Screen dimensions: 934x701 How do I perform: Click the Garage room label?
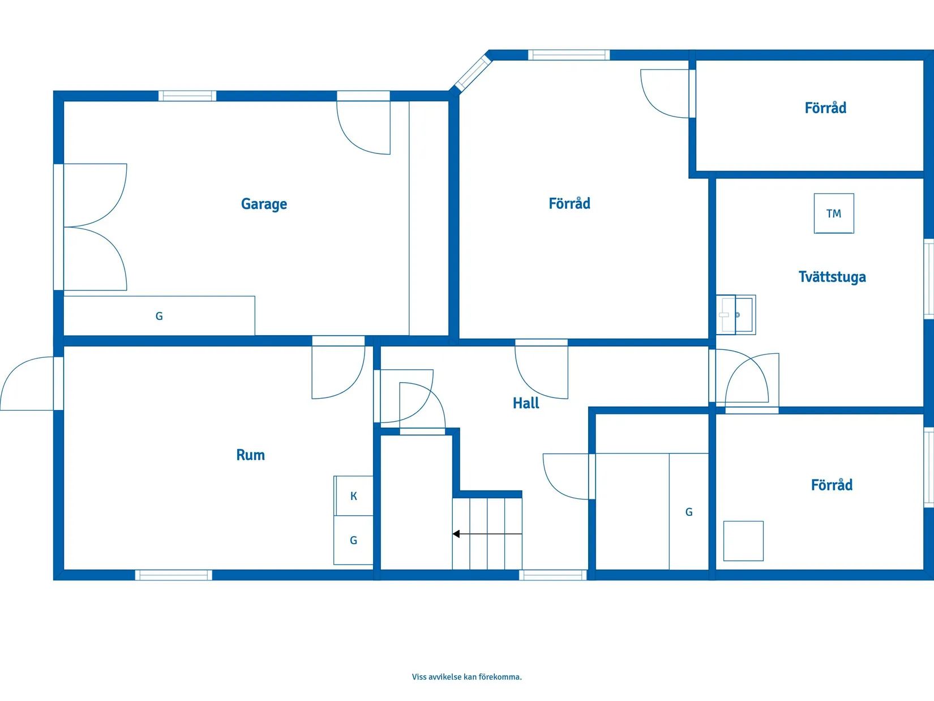pyautogui.click(x=264, y=204)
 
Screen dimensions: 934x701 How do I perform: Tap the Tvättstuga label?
pyautogui.click(x=832, y=277)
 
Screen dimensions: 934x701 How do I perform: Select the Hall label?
pyautogui.click(x=525, y=403)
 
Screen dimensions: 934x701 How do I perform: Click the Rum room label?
pyautogui.click(x=250, y=455)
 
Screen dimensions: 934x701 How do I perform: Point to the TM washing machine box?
pyautogui.click(x=834, y=213)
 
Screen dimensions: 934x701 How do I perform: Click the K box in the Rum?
pyautogui.click(x=353, y=496)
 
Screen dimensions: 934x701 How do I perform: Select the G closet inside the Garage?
pyautogui.click(x=159, y=316)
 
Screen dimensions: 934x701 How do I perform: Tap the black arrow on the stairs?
pyautogui.click(x=487, y=534)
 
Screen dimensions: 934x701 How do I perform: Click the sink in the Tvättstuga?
pyautogui.click(x=736, y=315)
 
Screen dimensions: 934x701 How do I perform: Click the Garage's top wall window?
pyautogui.click(x=187, y=96)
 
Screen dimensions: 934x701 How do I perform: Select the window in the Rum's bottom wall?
pyautogui.click(x=174, y=575)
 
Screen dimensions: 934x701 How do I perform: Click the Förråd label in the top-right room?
pyautogui.click(x=825, y=108)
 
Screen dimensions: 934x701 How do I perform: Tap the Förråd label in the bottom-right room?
pyautogui.click(x=832, y=485)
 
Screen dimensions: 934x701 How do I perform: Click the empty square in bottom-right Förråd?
pyautogui.click(x=743, y=541)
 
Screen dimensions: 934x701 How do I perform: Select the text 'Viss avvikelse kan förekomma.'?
pyautogui.click(x=467, y=677)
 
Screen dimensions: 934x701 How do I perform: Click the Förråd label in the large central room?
pyautogui.click(x=569, y=203)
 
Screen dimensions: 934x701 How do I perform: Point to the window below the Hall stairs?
pyautogui.click(x=552, y=575)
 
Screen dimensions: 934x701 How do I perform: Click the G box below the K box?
pyautogui.click(x=353, y=540)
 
